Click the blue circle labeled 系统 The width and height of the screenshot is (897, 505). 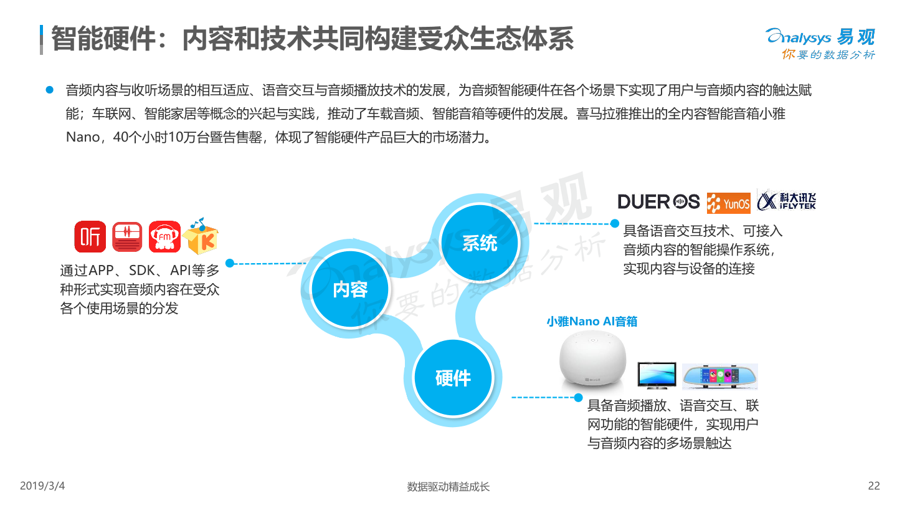(x=479, y=243)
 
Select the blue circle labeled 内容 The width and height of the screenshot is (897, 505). (x=350, y=289)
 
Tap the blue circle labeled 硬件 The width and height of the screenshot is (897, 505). (x=453, y=378)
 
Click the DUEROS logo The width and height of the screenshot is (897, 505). (x=658, y=201)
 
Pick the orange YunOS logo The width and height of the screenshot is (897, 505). (x=729, y=203)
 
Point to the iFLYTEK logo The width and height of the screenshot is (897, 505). (x=786, y=200)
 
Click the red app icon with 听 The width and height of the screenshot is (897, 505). (x=90, y=238)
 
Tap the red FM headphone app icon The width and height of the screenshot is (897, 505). (x=164, y=238)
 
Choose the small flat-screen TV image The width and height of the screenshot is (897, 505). (x=657, y=375)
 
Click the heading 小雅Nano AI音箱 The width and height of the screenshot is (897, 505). (x=592, y=322)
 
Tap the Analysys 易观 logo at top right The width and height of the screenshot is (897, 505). (x=820, y=44)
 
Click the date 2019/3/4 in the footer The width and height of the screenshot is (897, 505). (x=43, y=486)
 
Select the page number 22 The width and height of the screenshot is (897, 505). (x=874, y=486)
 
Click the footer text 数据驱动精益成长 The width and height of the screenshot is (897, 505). (x=448, y=486)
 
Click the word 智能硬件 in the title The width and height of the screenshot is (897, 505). (x=102, y=39)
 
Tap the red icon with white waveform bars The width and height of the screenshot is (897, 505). (x=127, y=238)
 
